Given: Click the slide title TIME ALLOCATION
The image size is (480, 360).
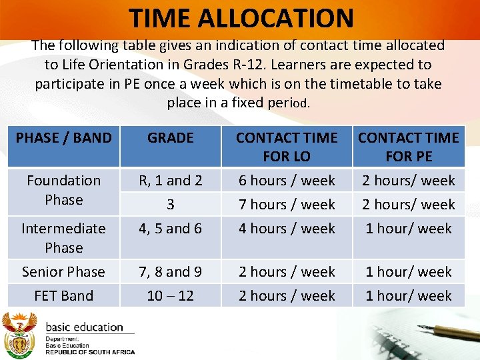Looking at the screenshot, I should coord(241,17).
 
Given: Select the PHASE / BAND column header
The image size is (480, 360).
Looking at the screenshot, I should coord(64,138).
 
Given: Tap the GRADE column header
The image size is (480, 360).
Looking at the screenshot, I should coord(171,138).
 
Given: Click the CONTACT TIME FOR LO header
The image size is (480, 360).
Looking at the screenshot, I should coord(287,147).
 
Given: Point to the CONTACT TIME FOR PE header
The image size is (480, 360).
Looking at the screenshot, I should coord(408,147).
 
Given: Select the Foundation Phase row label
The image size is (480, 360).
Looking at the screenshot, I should coord(64,190).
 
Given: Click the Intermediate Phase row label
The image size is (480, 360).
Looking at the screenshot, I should coord(64,238).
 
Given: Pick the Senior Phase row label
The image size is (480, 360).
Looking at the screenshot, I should coord(64,272).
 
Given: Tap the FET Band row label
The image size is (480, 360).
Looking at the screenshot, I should coord(64,296).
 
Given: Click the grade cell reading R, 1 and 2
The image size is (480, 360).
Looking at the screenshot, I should coord(171,181).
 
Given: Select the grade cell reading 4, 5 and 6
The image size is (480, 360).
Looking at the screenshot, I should coord(171,229).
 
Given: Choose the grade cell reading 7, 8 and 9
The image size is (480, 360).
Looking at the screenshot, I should coord(171,272).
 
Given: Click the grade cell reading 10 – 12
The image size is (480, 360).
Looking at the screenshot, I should coord(171,296).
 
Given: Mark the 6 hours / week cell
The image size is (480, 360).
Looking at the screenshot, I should coord(287,181).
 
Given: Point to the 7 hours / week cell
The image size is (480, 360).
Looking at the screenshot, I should coord(287,205).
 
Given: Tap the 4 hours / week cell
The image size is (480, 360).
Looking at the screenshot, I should coord(287,229).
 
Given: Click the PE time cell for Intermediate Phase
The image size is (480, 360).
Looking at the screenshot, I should coord(408,229).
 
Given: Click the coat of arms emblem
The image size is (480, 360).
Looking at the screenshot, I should coord(19,334).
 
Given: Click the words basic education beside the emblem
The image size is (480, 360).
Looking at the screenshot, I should coord(85,327).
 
